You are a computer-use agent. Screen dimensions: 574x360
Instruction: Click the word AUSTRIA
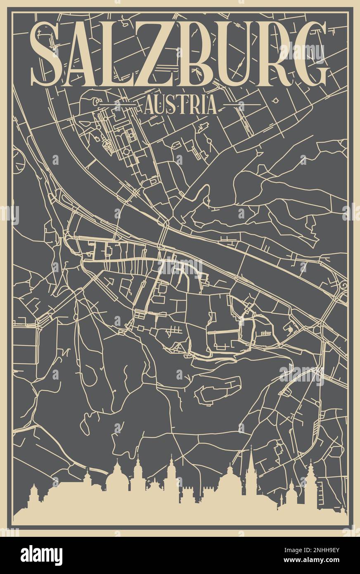180,106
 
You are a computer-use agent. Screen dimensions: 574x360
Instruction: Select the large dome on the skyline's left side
118,479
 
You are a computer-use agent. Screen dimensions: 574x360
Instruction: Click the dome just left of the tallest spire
227,481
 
